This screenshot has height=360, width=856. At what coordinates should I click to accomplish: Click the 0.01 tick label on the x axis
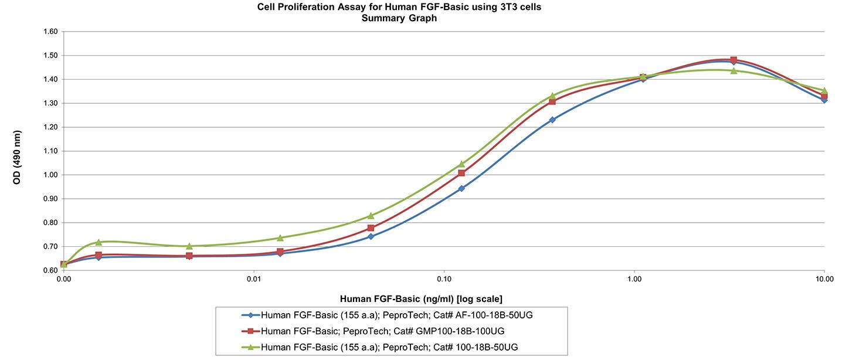pyautogui.click(x=254, y=280)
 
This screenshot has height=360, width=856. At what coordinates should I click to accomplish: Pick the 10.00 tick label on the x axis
pyautogui.click(x=824, y=280)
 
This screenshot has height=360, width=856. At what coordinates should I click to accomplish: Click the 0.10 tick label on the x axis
pyautogui.click(x=444, y=280)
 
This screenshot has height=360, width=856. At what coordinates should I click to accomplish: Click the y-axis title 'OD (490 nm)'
pyautogui.click(x=17, y=151)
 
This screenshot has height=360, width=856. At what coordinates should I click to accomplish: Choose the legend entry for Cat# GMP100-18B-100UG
pyautogui.click(x=382, y=331)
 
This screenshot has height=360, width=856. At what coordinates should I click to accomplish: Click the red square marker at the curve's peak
pyautogui.click(x=733, y=60)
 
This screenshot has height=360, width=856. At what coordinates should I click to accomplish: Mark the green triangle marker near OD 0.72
pyautogui.click(x=98, y=242)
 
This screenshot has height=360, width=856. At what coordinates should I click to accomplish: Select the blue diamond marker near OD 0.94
pyautogui.click(x=461, y=188)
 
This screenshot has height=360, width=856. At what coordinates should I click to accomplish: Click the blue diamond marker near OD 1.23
pyautogui.click(x=552, y=120)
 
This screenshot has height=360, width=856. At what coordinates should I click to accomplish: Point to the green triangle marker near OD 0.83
pyautogui.click(x=371, y=216)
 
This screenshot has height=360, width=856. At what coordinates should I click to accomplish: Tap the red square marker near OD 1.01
pyautogui.click(x=461, y=173)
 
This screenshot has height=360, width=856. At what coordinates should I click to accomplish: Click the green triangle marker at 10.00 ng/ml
pyautogui.click(x=824, y=91)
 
